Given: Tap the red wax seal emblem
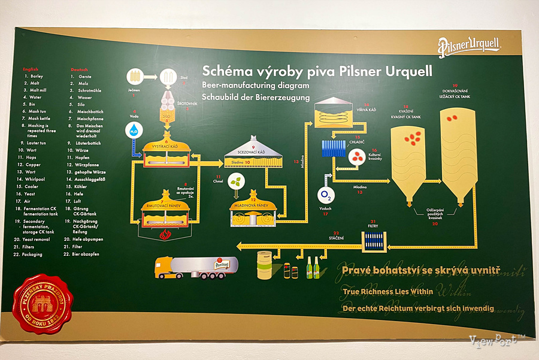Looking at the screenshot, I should click(42, 304).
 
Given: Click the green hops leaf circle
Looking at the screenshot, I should click(238, 180).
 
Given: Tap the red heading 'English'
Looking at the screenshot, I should click(31, 69).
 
